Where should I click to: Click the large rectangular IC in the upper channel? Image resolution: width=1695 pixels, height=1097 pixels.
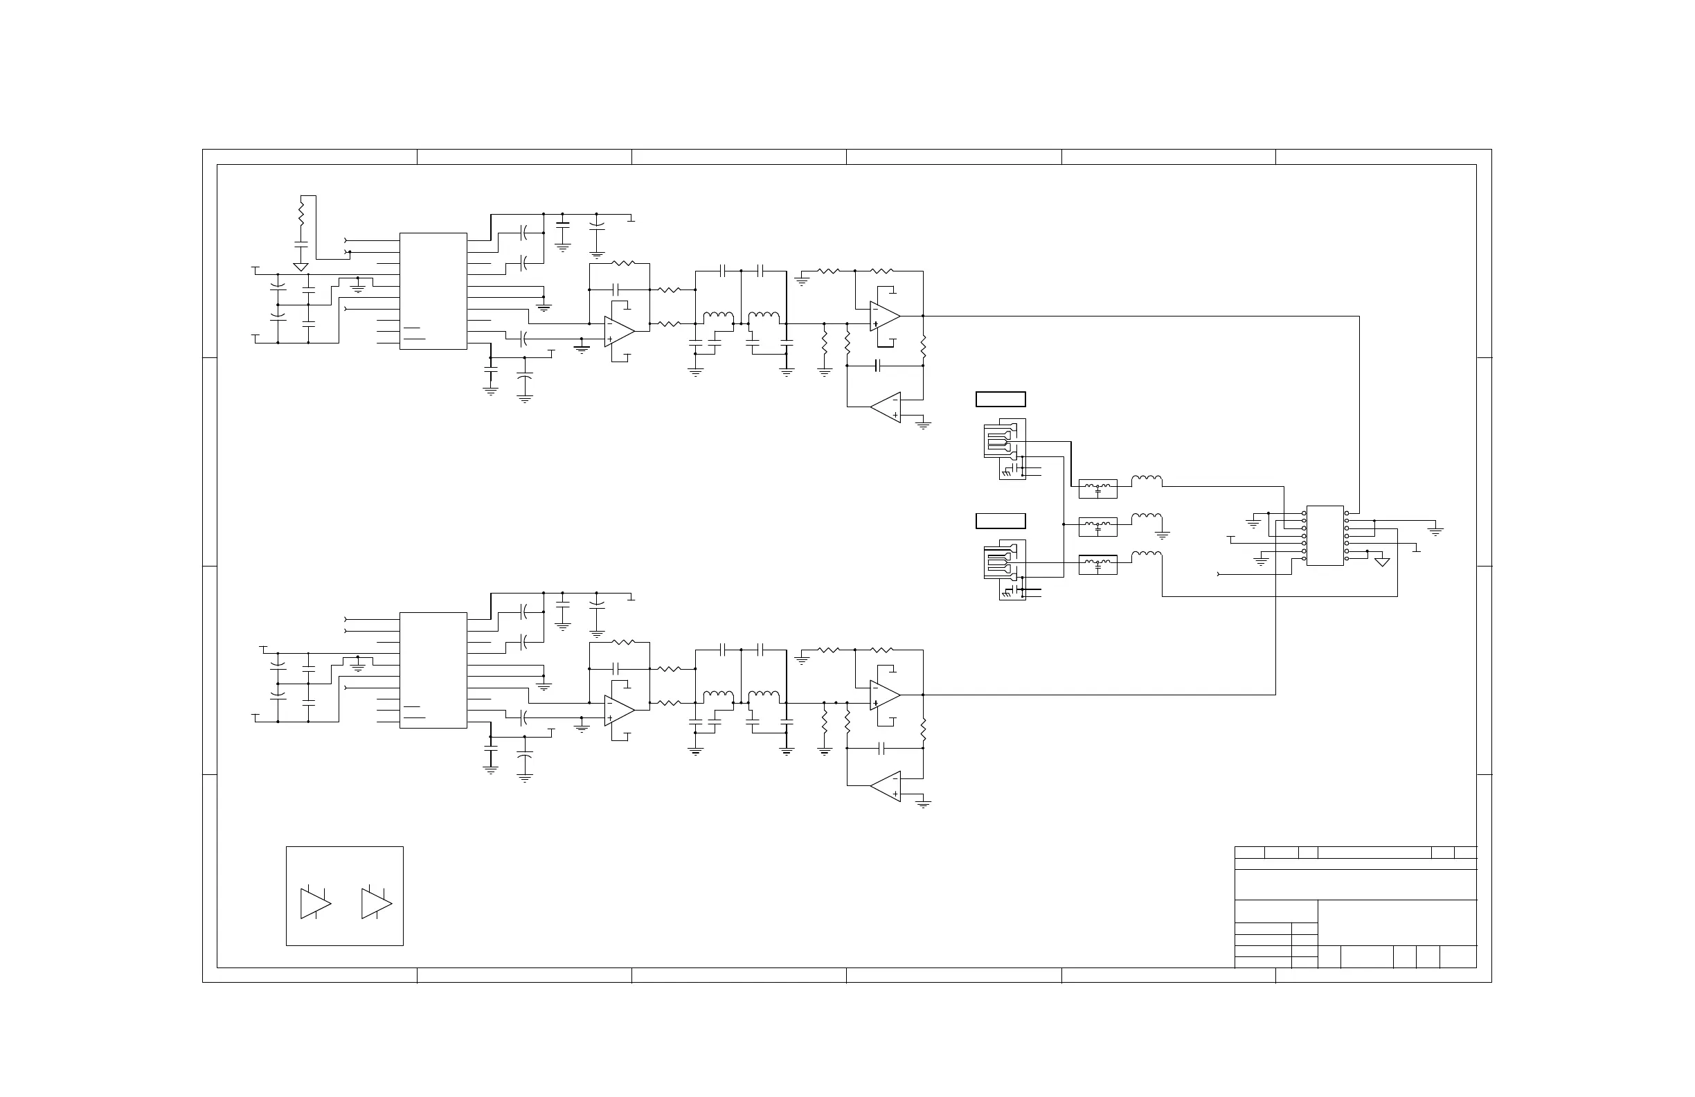(x=433, y=291)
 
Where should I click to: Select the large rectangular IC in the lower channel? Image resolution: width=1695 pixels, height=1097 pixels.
(x=433, y=670)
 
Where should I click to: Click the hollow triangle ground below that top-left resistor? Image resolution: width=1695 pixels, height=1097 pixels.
(x=301, y=267)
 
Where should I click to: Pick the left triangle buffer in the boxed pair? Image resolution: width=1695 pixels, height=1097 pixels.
(x=315, y=903)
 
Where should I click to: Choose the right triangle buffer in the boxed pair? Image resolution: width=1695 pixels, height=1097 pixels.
(x=376, y=903)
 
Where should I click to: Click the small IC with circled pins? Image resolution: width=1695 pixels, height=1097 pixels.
(x=1325, y=535)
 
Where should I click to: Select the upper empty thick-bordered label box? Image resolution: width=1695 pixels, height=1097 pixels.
(x=1001, y=399)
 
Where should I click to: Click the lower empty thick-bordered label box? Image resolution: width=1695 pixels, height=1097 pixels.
(x=1001, y=521)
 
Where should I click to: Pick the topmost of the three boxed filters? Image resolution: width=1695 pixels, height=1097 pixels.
(x=1097, y=489)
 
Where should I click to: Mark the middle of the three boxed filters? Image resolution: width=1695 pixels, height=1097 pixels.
(x=1097, y=527)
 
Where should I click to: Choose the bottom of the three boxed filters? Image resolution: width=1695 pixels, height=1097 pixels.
(x=1097, y=565)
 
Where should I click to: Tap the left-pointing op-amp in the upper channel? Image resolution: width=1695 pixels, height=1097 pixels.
(x=886, y=407)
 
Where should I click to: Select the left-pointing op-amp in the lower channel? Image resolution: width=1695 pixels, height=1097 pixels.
(x=886, y=787)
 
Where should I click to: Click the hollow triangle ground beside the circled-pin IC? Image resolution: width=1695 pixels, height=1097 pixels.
(x=1382, y=562)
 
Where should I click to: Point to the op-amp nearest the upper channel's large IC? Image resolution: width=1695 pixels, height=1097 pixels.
(x=619, y=332)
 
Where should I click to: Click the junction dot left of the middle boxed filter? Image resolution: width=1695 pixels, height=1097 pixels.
(x=1064, y=524)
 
